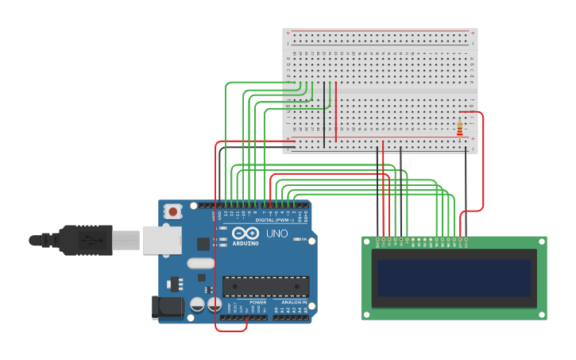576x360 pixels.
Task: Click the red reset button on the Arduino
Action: pyautogui.click(x=172, y=211)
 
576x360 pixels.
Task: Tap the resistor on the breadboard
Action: pyautogui.click(x=459, y=129)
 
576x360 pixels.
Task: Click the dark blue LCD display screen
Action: pyautogui.click(x=454, y=277)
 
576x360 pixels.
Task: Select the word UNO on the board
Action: pyautogui.click(x=276, y=234)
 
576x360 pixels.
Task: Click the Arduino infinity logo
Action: pyautogui.click(x=245, y=234)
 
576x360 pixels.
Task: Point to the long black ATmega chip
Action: pyautogui.click(x=265, y=286)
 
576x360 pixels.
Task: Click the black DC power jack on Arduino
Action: pyautogui.click(x=163, y=308)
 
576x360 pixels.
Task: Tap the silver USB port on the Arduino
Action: pyautogui.click(x=163, y=239)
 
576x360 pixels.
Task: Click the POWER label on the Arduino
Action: pyautogui.click(x=257, y=302)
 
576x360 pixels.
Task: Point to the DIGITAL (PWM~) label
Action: pyautogui.click(x=271, y=220)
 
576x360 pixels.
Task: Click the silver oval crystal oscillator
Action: pyautogui.click(x=201, y=263)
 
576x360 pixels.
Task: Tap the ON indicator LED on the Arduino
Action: pyautogui.click(x=296, y=238)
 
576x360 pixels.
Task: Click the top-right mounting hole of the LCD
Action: pyautogui.click(x=542, y=242)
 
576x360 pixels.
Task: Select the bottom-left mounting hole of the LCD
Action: pyautogui.click(x=367, y=315)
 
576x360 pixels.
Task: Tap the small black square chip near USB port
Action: pyautogui.click(x=203, y=244)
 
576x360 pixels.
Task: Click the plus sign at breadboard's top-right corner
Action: pyautogui.click(x=473, y=33)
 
